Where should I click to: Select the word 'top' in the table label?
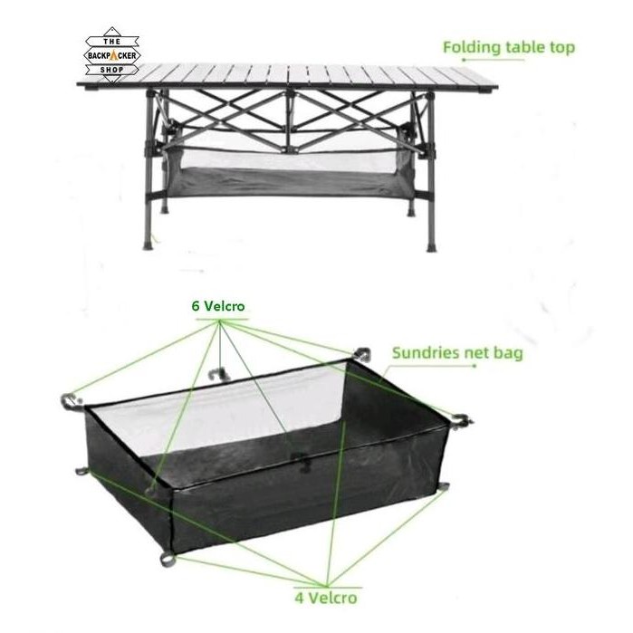pyautogui.click(x=561, y=46)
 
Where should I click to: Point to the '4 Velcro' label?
pyautogui.click(x=325, y=597)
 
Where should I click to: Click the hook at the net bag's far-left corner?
pyautogui.click(x=71, y=398)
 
